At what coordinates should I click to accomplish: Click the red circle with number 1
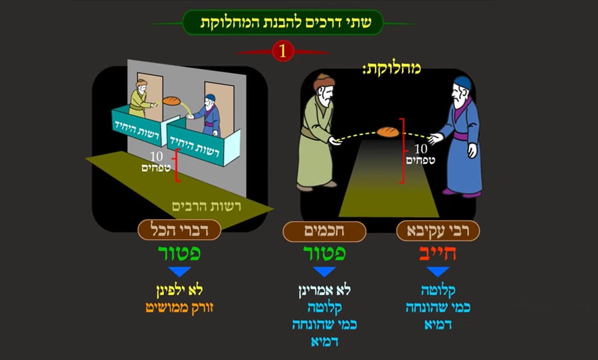283,52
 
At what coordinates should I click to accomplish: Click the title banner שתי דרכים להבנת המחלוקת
283,23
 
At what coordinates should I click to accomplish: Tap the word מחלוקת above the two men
392,68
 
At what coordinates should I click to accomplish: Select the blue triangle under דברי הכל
179,271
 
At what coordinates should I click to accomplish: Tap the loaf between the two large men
388,132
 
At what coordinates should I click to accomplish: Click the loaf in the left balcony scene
172,101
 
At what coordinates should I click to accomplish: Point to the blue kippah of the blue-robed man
462,82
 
